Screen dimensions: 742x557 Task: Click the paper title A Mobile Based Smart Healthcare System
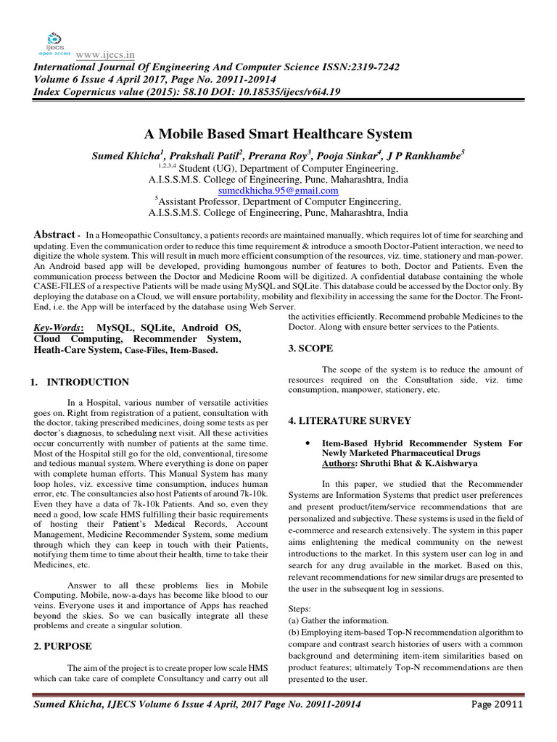click(278, 134)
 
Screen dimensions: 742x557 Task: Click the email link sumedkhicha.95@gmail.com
click(278, 191)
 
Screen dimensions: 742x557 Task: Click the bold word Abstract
click(54, 235)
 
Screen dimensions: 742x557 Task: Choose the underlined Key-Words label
click(59, 328)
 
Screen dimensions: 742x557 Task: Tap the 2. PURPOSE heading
click(64, 645)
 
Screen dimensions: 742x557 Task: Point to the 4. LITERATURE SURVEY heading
click(350, 420)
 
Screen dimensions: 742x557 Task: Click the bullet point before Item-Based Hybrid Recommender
click(309, 441)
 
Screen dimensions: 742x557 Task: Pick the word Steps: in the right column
click(300, 609)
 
